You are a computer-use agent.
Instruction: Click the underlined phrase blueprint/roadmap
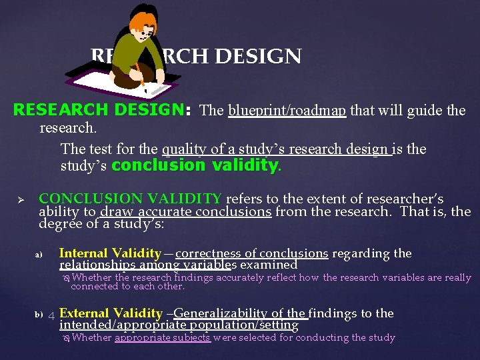point(287,111)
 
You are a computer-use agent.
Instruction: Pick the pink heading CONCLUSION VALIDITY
point(131,199)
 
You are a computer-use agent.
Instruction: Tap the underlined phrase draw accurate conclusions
point(185,212)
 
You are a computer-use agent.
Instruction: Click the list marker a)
point(39,255)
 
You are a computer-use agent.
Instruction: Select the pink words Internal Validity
point(110,253)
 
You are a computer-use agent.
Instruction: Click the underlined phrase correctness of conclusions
point(251,253)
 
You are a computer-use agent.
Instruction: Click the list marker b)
point(39,314)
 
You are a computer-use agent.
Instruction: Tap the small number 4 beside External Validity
point(51,315)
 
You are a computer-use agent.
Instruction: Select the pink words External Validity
point(111,313)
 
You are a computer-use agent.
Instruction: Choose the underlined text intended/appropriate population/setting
point(179,325)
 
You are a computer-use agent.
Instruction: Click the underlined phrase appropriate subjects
point(163,338)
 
